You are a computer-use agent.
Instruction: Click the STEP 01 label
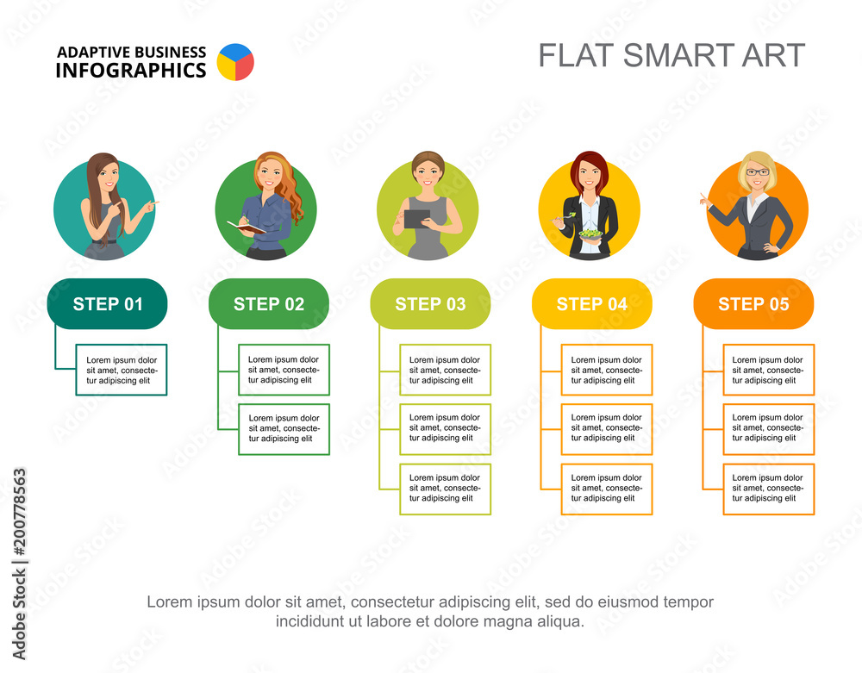click(108, 303)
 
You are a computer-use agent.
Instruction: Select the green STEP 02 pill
click(269, 303)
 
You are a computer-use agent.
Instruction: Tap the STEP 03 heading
click(430, 303)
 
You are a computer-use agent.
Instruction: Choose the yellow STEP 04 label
click(592, 303)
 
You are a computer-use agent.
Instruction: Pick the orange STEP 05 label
click(753, 303)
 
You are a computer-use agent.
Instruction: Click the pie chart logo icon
click(235, 62)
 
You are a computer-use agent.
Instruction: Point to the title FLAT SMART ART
click(671, 55)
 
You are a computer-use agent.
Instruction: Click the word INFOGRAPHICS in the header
click(131, 71)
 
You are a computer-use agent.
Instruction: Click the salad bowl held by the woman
click(590, 234)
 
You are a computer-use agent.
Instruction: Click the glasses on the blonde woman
click(758, 172)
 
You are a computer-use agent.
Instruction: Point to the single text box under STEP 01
click(122, 370)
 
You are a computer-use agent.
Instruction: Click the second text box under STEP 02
click(284, 428)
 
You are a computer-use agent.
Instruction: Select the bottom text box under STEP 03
click(445, 489)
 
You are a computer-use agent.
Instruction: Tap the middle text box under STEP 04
click(606, 428)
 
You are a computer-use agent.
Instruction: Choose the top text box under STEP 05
click(768, 370)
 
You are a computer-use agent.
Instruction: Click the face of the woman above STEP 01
click(107, 178)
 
